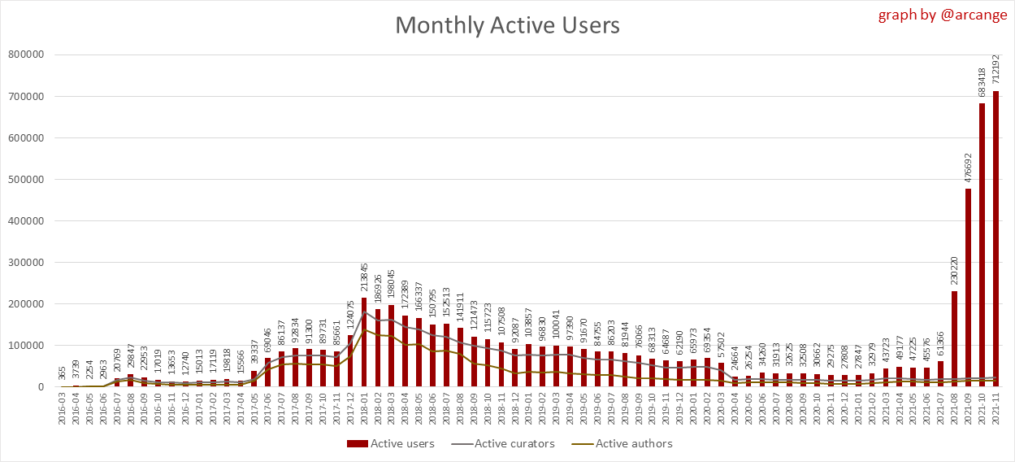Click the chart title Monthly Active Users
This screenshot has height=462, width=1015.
pyautogui.click(x=507, y=25)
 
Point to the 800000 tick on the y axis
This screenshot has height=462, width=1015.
pyautogui.click(x=26, y=54)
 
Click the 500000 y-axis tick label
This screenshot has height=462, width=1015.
pyautogui.click(x=26, y=179)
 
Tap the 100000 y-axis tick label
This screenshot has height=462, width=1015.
pyautogui.click(x=26, y=345)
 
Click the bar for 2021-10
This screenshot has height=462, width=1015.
pyautogui.click(x=982, y=244)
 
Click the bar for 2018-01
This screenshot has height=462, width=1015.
pyautogui.click(x=363, y=342)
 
